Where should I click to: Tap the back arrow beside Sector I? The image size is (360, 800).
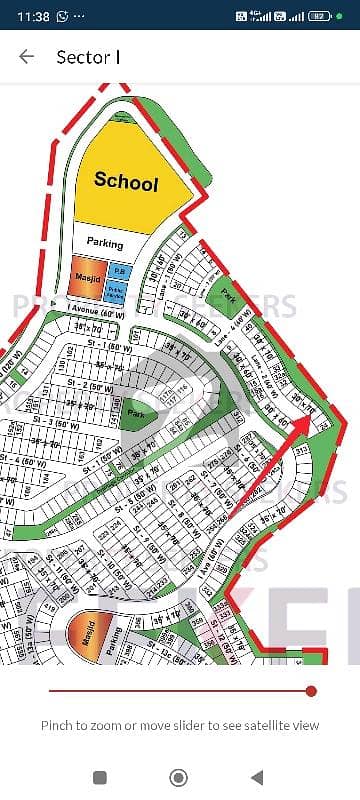point(27,57)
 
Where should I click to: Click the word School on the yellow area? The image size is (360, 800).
point(126,182)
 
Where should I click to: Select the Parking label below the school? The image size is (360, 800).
point(105,243)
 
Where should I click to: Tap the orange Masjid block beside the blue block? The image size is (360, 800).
point(85,271)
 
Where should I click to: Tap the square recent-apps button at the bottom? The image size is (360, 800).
point(100,776)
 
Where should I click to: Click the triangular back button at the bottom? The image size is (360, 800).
point(258,776)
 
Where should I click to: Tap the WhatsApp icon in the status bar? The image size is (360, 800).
point(63,16)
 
